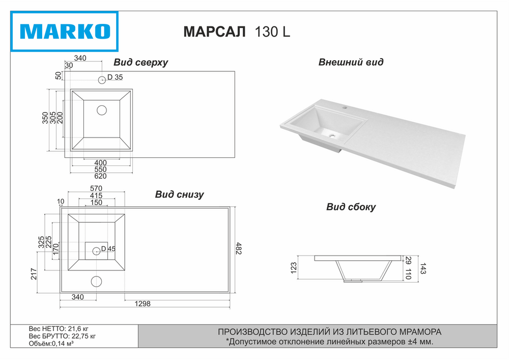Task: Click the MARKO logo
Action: coord(64,32)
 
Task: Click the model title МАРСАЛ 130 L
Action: coord(237,32)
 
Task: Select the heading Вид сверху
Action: coord(140,62)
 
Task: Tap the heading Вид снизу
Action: coord(179,195)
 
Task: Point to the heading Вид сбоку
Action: coord(351,207)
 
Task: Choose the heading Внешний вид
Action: coord(351,62)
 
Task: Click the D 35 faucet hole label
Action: coord(115,77)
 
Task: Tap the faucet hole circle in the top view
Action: coord(102,79)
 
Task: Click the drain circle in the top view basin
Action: coord(102,110)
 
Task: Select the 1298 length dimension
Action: coord(143,304)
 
